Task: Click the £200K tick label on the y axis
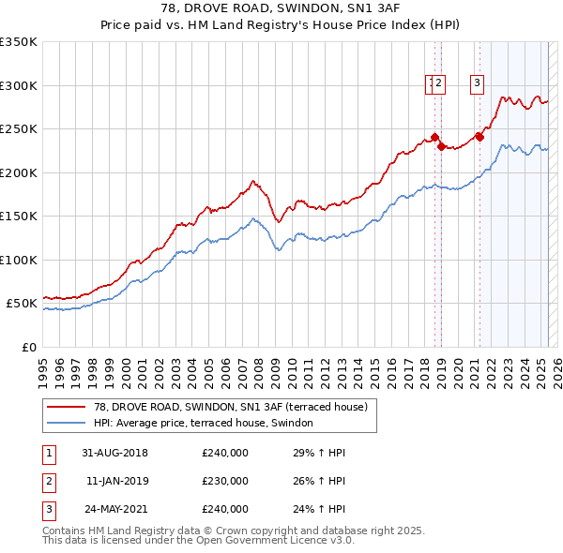point(18,172)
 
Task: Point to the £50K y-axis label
point(22,304)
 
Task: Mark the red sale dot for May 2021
point(479,137)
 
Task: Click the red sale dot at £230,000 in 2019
point(440,146)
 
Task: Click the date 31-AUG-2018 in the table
point(115,454)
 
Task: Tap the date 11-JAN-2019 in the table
point(116,481)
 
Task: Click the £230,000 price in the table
point(225,481)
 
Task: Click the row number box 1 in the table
point(47,454)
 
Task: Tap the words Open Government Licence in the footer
point(266,541)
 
